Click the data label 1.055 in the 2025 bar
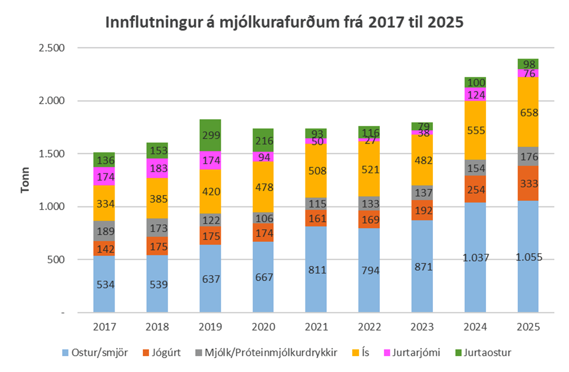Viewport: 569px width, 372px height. pyautogui.click(x=528, y=257)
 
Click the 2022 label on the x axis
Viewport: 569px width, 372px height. pyautogui.click(x=369, y=327)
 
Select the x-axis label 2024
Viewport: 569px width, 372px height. pyautogui.click(x=475, y=327)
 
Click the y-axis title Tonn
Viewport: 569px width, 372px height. pyautogui.click(x=25, y=180)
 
